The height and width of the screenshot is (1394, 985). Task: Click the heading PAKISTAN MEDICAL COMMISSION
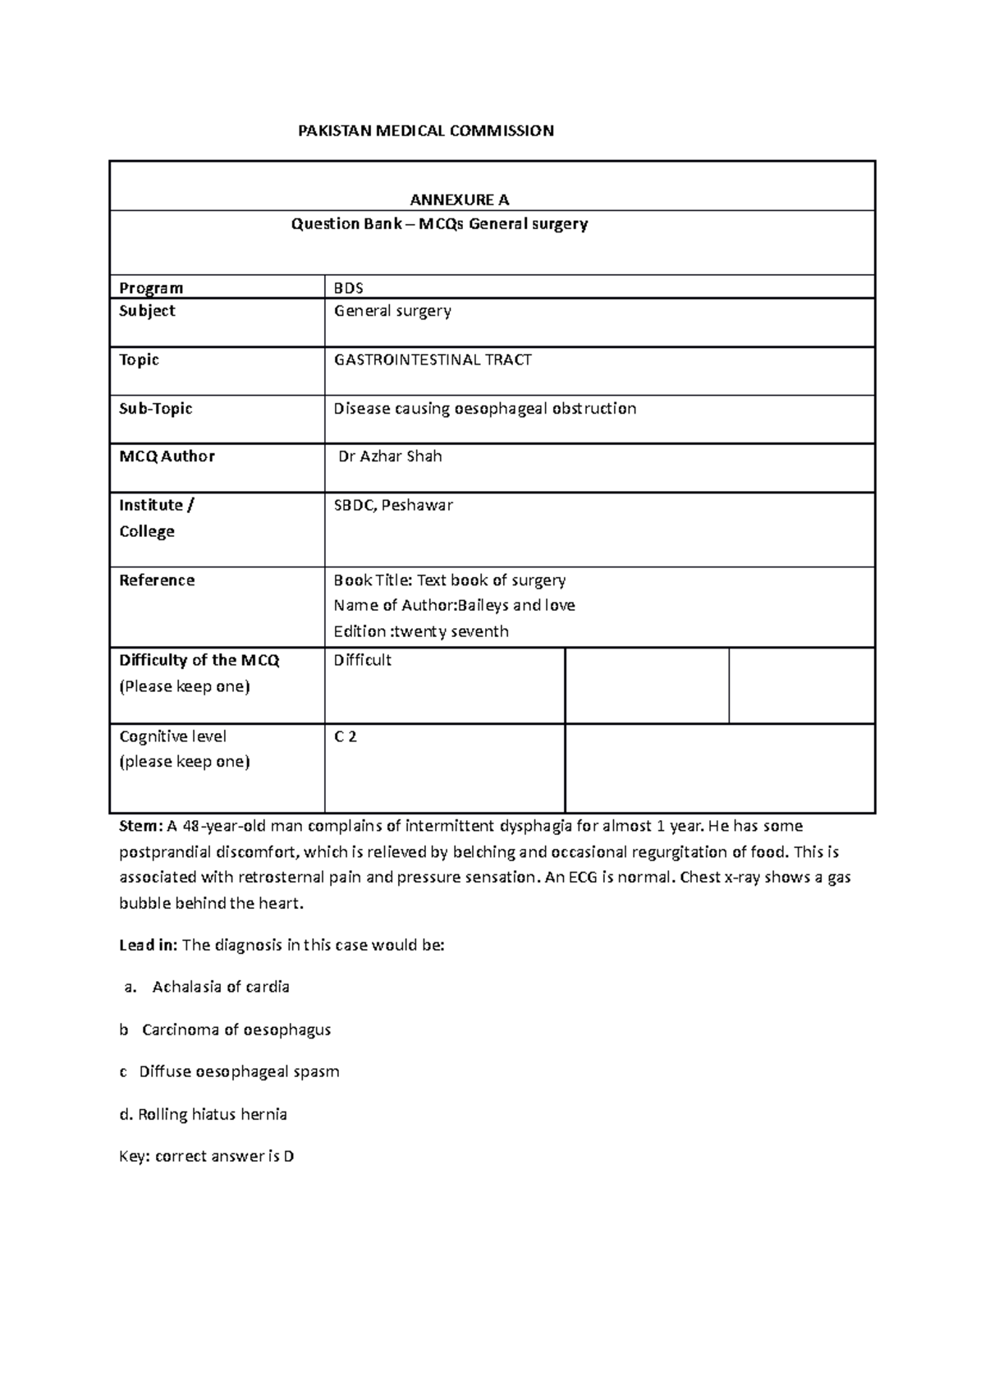pos(425,131)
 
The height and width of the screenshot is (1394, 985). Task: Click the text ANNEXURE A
pos(460,199)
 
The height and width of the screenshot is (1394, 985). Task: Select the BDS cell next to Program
pos(348,288)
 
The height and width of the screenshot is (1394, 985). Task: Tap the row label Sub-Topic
pos(156,408)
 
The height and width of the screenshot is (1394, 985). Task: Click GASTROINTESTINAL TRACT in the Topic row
pos(432,360)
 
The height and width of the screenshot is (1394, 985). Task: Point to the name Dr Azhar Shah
pos(390,456)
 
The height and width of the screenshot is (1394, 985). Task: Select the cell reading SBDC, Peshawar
pos(393,505)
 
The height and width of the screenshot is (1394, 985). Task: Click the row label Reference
pos(157,580)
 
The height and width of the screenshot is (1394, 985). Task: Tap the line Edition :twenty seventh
pos(420,631)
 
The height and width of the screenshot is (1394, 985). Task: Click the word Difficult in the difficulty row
pos(362,660)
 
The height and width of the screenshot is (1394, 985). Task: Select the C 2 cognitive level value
pos(345,736)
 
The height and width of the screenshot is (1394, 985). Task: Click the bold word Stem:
pos(141,826)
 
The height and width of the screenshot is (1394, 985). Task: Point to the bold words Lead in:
pos(148,945)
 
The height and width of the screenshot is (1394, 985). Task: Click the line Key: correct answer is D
pos(207,1157)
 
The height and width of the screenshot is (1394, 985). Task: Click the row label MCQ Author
pos(167,456)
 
